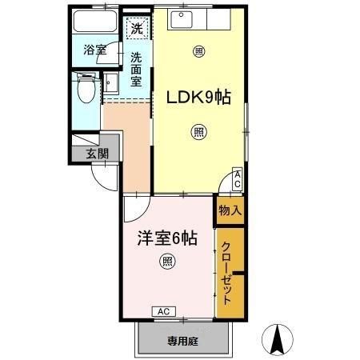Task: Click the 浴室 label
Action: [95, 50]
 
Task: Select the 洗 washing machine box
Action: [138, 28]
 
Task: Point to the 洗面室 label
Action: [137, 69]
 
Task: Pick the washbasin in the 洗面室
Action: [110, 85]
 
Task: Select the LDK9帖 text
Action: [198, 98]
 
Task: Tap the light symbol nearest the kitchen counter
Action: [198, 52]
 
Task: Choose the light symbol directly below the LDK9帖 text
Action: [198, 132]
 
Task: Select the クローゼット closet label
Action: [228, 272]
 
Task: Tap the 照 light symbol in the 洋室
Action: [166, 260]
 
